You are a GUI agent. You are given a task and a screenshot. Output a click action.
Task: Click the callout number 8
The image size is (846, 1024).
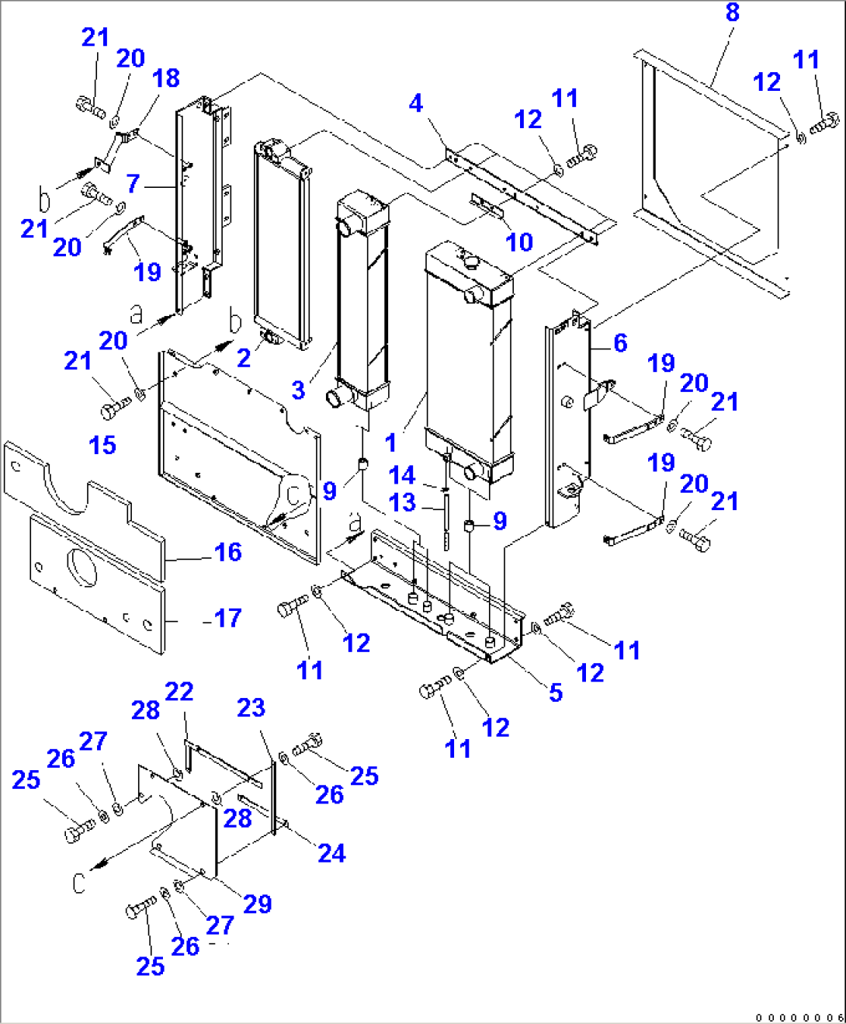click(732, 12)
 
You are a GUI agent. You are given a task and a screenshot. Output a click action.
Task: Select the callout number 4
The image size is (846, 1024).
click(416, 103)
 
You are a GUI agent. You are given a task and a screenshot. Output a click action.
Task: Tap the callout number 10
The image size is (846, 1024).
click(519, 242)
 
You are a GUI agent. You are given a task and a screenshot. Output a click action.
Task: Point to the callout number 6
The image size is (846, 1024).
click(620, 343)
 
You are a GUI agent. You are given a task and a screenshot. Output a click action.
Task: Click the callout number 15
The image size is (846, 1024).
click(102, 446)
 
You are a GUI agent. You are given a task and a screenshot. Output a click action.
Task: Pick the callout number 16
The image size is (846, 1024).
click(227, 552)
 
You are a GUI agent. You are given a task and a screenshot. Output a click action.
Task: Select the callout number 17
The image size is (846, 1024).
click(227, 618)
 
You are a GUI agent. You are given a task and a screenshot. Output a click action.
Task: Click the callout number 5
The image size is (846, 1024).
click(556, 693)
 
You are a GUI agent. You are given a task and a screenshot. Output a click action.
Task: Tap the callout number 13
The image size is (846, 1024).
click(402, 502)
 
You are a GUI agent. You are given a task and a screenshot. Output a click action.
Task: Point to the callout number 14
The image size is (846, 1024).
click(402, 475)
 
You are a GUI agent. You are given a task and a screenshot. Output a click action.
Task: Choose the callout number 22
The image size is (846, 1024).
click(179, 691)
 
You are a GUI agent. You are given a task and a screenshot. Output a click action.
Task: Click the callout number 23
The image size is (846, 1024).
click(251, 707)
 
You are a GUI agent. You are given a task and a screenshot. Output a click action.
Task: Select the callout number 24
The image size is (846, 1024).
click(331, 853)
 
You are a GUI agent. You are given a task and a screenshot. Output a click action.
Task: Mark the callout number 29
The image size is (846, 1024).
click(258, 904)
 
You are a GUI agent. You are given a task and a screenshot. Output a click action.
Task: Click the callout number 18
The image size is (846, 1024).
click(166, 78)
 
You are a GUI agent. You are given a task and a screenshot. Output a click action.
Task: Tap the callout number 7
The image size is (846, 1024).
click(133, 183)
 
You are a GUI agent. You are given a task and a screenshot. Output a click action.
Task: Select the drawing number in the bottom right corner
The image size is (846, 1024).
click(799, 1016)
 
